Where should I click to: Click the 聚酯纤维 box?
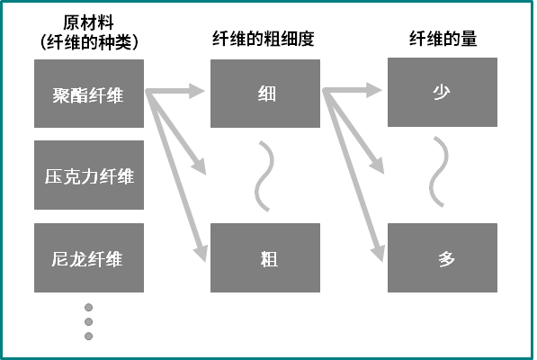pos(89,94)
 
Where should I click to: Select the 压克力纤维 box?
pos(89,175)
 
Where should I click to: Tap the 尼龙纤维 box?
pos(89,258)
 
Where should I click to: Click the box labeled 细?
pos(265,94)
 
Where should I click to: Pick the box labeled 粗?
pos(265,258)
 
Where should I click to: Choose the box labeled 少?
pos(443,92)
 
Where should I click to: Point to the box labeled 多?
pos(443,258)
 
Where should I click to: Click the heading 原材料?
pos(88,22)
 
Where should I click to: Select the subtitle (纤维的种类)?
pos(89,42)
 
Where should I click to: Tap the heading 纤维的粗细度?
pos(264,39)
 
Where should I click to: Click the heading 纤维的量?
pos(443,39)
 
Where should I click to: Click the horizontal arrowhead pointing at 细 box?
pos(197,91)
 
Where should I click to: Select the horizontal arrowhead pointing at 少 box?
pos(374,90)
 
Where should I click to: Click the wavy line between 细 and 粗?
pos(264,176)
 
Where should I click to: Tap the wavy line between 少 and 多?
pos(439,172)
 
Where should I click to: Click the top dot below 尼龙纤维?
pos(89,307)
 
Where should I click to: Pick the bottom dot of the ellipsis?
pos(89,336)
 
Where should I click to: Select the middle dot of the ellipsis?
pos(89,321)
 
